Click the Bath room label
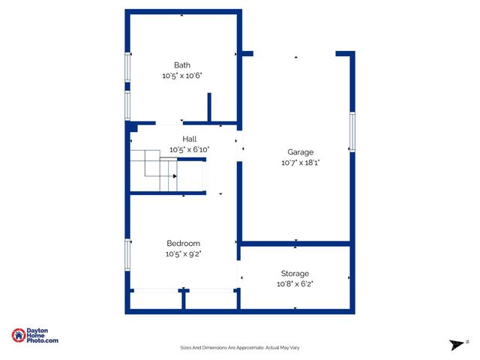coord(182,65)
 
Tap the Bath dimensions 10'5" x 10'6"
coord(182,76)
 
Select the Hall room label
coord(190,139)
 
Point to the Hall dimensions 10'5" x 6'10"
coord(190,150)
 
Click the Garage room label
coord(301,152)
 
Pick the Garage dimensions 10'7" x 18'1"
coord(301,163)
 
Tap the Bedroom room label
coord(184,244)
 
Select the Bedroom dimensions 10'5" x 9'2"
coord(184,254)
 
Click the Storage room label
coord(295,274)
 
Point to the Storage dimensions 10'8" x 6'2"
coord(295,284)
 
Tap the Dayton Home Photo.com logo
coord(35,336)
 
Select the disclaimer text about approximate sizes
coord(240,347)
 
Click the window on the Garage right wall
coord(352,133)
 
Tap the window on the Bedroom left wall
coord(127,253)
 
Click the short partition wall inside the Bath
coord(209,107)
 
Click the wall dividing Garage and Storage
coord(295,244)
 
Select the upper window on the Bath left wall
coord(127,70)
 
